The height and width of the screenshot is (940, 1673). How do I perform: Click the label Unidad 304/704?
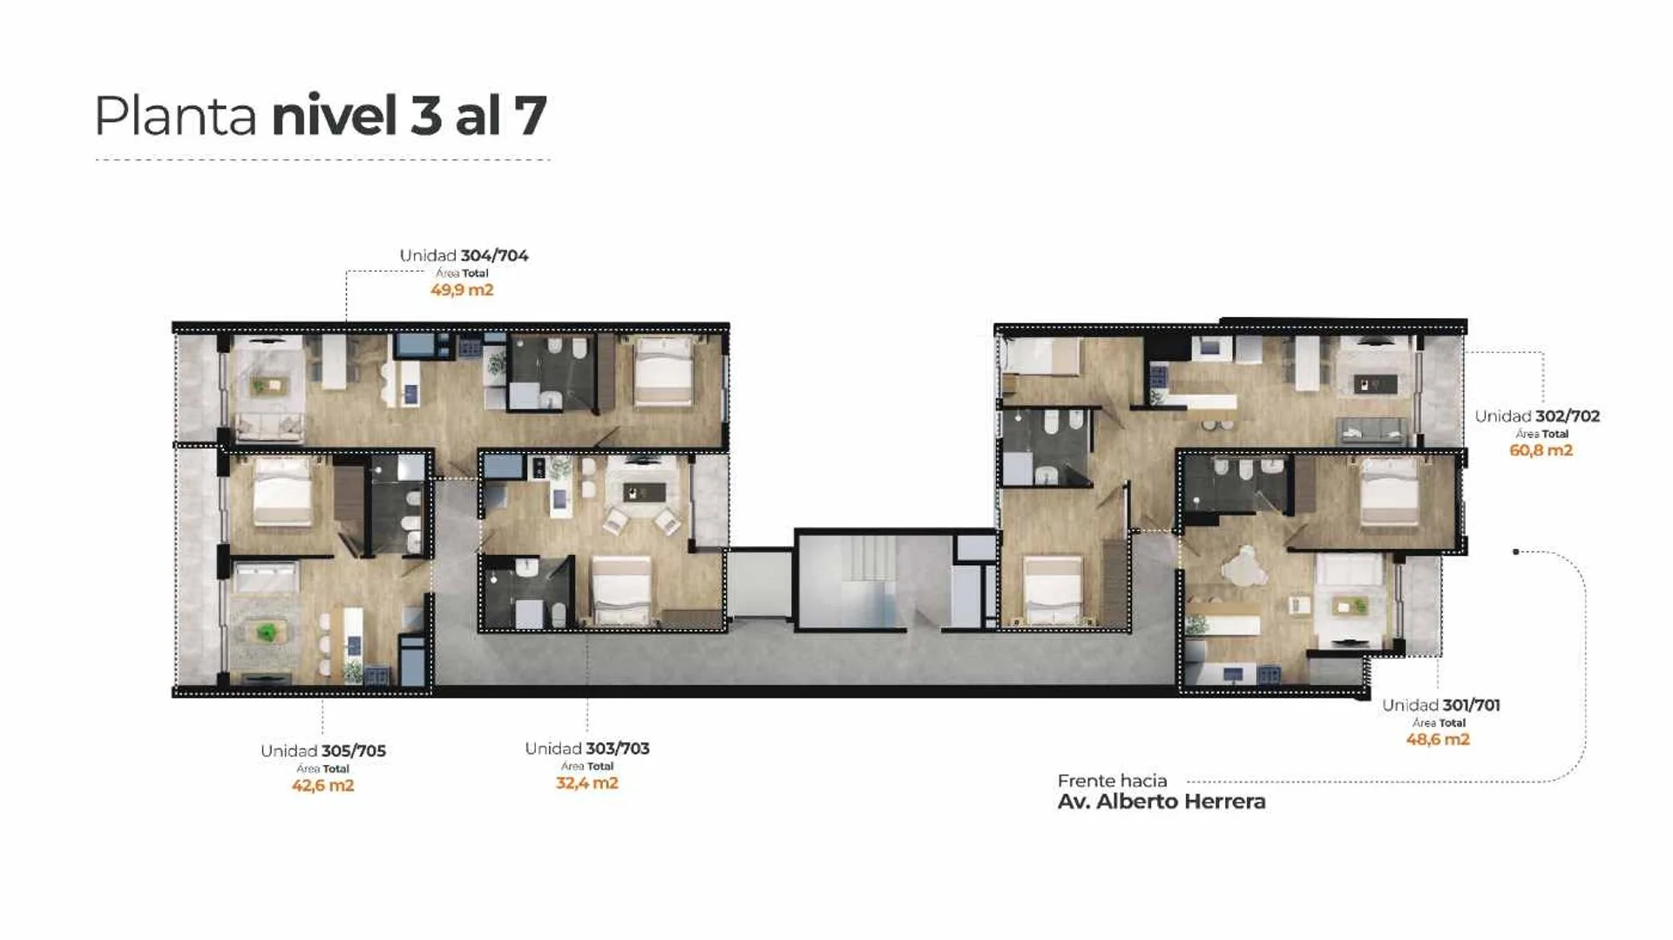464,255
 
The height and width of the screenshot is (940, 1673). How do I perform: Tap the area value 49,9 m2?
462,290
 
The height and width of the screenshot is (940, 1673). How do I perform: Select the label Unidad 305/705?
323,751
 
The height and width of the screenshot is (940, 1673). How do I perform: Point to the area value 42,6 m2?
323,786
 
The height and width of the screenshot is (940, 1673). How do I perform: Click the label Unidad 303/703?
587,748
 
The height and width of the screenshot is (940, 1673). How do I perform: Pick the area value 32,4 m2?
587,783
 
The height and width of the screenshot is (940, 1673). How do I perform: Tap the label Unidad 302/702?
1537,416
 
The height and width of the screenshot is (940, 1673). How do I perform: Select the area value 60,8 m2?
1541,450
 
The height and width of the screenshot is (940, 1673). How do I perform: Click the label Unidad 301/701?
1441,706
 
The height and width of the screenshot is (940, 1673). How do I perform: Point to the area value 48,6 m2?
1438,740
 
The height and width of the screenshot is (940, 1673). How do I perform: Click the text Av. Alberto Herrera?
1162,801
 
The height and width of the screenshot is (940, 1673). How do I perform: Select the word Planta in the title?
175,116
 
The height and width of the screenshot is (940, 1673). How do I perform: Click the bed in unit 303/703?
621,590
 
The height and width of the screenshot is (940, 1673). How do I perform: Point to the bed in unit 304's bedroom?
664,373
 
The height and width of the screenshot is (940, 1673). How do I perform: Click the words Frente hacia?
1112,781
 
